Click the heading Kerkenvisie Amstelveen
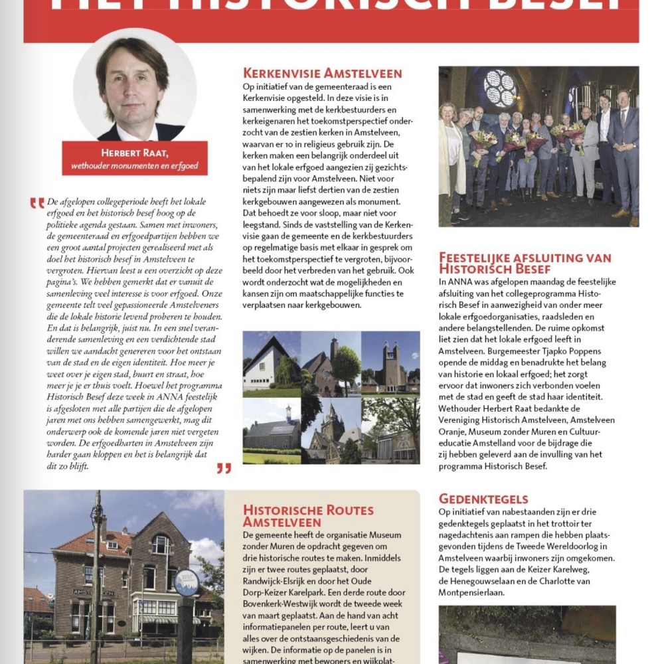pyautogui.click(x=322, y=73)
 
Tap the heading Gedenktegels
pyautogui.click(x=483, y=499)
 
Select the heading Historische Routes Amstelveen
pyautogui.click(x=308, y=516)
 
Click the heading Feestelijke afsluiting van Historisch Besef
pyautogui.click(x=525, y=263)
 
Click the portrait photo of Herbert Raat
pyautogui.click(x=135, y=86)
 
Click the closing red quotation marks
pyautogui.click(x=224, y=469)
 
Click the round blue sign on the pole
pyautogui.click(x=187, y=582)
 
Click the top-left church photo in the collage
pyautogui.click(x=272, y=363)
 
